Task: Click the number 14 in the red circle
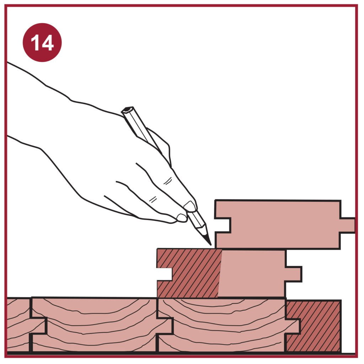coord(42,43)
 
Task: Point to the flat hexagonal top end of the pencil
coord(127,110)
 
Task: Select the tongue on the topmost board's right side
coord(348,225)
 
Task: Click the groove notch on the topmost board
coord(223,225)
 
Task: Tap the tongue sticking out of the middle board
coord(294,274)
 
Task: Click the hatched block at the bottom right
coord(314,326)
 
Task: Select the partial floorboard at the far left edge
coord(18,325)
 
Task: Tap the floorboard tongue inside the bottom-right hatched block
coord(293,327)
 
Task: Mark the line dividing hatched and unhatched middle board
coord(220,273)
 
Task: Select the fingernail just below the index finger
coord(182,218)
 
